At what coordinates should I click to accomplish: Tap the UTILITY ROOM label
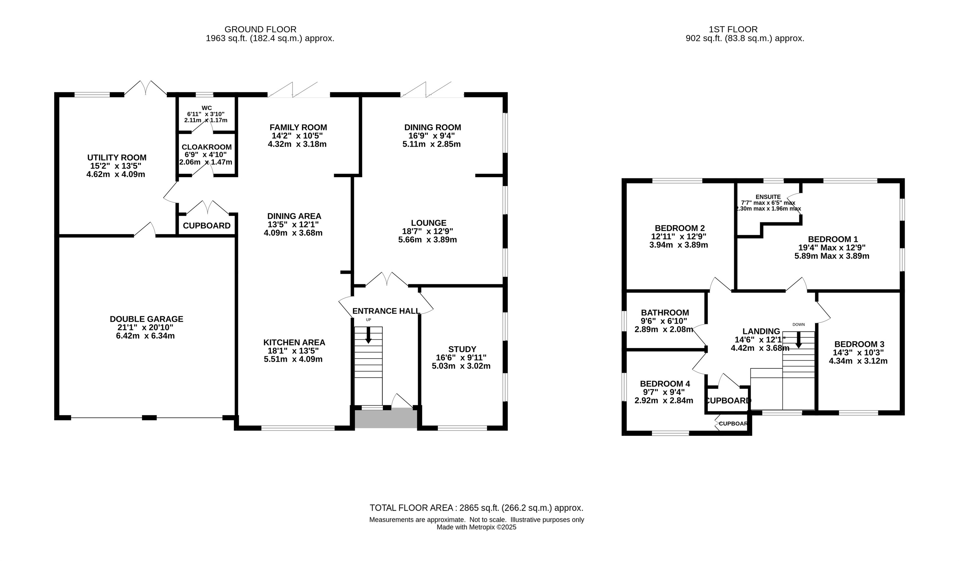(x=117, y=158)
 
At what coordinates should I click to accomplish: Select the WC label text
(x=207, y=108)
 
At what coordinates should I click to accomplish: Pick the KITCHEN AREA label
(x=294, y=342)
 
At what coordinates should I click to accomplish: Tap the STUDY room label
(x=462, y=349)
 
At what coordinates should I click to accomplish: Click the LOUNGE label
(x=429, y=223)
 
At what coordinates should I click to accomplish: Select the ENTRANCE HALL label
(x=386, y=311)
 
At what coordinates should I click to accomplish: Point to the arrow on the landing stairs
(x=798, y=340)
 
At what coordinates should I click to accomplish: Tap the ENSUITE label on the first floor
(x=768, y=197)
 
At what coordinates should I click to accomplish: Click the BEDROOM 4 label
(x=665, y=384)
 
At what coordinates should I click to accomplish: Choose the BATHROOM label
(x=665, y=313)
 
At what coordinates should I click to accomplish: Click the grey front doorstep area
(x=386, y=418)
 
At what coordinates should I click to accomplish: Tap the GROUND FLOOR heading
(x=260, y=29)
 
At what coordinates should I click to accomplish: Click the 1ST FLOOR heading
(x=733, y=29)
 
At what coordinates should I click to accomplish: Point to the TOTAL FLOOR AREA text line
(x=477, y=508)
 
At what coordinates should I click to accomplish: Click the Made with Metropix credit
(x=477, y=528)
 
